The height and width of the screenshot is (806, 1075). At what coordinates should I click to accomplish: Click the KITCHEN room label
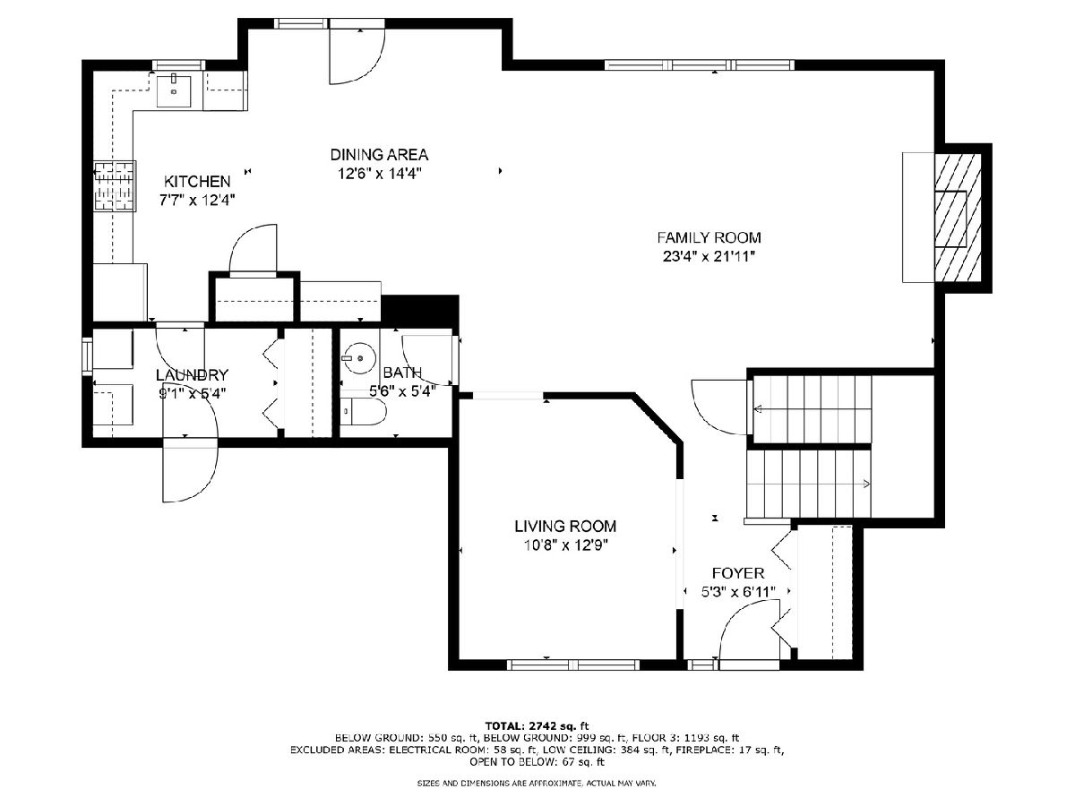click(197, 182)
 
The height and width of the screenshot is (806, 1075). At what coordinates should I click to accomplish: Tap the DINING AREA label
click(379, 155)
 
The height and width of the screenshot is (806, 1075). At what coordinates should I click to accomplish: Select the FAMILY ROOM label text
click(709, 238)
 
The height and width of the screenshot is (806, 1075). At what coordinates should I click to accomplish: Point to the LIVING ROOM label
click(565, 526)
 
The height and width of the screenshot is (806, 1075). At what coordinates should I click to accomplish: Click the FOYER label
click(737, 573)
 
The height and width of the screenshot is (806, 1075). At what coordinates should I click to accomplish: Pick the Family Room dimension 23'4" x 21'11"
click(709, 256)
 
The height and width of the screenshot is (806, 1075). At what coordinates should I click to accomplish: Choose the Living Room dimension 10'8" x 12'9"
click(565, 544)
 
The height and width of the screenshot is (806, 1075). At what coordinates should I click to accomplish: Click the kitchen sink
click(175, 90)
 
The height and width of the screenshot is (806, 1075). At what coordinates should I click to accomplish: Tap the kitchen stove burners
click(115, 186)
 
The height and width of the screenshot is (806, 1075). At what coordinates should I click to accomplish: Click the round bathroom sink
click(359, 358)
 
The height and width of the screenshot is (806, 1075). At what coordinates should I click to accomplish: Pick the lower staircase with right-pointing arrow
click(809, 484)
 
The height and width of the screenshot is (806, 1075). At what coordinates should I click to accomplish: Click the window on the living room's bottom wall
click(573, 665)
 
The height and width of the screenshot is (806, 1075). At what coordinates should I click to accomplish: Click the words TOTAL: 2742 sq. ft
click(537, 725)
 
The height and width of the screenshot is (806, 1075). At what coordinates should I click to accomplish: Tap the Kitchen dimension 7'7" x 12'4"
click(197, 200)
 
